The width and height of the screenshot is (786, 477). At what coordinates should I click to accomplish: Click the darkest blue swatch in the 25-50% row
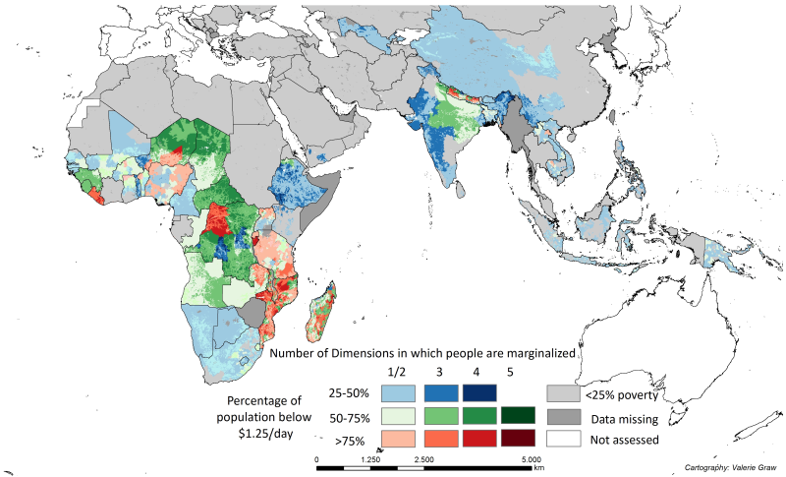click(479, 393)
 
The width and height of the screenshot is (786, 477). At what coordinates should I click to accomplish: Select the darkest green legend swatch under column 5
click(518, 416)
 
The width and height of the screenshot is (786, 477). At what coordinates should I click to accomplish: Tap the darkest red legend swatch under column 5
click(518, 438)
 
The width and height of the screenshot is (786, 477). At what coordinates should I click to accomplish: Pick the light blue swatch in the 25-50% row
click(398, 393)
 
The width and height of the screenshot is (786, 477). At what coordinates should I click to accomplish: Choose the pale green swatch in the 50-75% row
click(398, 416)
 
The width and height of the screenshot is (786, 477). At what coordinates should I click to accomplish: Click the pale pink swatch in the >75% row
click(398, 438)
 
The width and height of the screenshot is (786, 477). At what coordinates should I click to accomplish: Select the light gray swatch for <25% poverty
click(563, 393)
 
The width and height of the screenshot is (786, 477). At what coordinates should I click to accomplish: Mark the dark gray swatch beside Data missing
click(563, 417)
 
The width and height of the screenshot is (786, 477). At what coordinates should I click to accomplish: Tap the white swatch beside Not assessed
click(563, 439)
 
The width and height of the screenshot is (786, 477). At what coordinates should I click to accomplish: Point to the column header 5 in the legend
click(510, 372)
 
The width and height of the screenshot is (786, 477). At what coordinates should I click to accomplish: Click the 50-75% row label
click(349, 418)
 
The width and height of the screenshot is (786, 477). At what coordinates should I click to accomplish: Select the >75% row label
click(350, 442)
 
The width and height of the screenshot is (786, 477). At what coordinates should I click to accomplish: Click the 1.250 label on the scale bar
click(370, 459)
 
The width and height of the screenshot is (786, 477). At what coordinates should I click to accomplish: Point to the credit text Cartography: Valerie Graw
click(730, 468)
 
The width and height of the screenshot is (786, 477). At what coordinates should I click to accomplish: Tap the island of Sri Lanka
click(461, 190)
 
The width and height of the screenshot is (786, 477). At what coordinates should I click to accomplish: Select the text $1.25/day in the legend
click(264, 433)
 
